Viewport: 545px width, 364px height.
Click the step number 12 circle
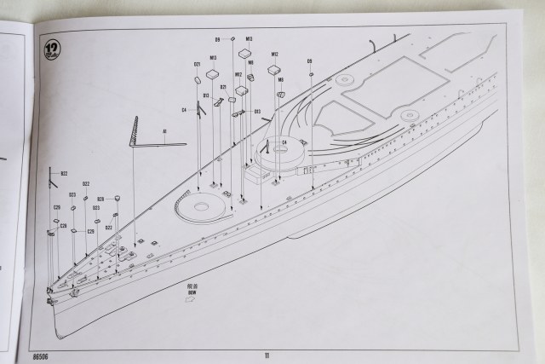[x=51, y=46]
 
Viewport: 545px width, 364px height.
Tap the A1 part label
[x=164, y=130]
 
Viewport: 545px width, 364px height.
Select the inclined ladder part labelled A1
[x=135, y=131]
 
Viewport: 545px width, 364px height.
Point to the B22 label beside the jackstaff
[x=63, y=173]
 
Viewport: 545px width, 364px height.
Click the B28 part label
[x=100, y=199]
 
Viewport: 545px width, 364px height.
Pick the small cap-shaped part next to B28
[x=117, y=198]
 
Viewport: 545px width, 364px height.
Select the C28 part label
[x=63, y=226]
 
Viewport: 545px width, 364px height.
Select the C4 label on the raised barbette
[x=284, y=141]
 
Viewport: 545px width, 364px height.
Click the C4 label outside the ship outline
[x=184, y=109]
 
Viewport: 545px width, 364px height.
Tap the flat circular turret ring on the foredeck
[x=196, y=205]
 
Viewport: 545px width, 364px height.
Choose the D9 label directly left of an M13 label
[x=217, y=40]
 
